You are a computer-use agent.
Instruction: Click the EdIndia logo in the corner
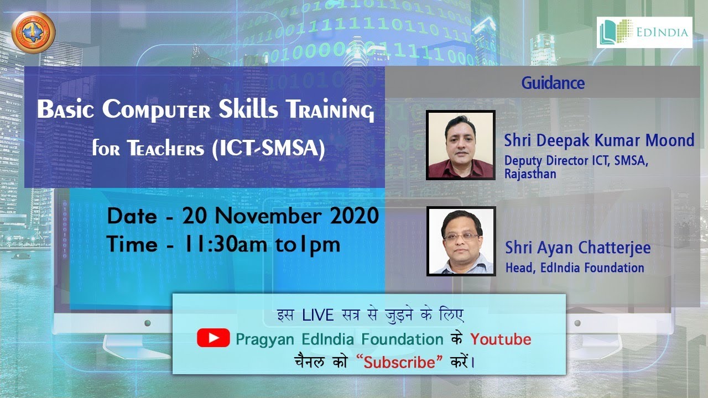(x=644, y=32)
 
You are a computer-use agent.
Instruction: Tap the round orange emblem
(x=34, y=32)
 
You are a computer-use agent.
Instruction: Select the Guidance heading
(x=553, y=83)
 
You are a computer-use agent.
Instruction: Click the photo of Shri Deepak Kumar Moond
(x=460, y=145)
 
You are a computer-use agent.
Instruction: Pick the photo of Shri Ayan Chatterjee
(x=461, y=241)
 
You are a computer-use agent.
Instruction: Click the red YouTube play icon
(x=213, y=338)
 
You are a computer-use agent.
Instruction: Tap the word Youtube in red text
(x=501, y=338)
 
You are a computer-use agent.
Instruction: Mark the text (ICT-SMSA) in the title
(x=268, y=149)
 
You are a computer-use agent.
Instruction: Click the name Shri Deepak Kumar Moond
(x=599, y=140)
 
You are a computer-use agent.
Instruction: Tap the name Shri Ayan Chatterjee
(x=577, y=247)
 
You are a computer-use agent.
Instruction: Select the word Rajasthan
(x=530, y=174)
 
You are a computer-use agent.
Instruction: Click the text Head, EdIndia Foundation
(x=575, y=268)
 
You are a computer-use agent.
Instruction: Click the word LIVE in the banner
(x=317, y=315)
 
